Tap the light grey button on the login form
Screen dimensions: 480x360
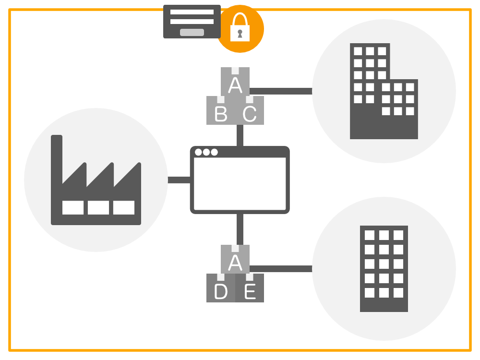[192, 33]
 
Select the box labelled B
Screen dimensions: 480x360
[221, 110]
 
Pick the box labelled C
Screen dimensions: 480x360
[250, 110]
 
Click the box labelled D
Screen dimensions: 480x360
[221, 288]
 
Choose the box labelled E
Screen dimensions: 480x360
[250, 288]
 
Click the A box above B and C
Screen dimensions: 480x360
[235, 82]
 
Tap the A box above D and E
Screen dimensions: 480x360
[235, 259]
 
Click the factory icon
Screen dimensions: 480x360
[96, 180]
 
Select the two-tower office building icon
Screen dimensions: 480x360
[384, 91]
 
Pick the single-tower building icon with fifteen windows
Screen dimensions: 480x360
[384, 269]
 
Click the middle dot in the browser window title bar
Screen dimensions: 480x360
[206, 152]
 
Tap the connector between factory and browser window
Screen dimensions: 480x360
[179, 180]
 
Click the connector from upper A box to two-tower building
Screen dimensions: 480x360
[281, 91]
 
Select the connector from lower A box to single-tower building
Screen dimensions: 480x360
[281, 269]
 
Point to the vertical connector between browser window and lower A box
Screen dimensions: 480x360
[240, 229]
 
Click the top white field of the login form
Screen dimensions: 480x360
[192, 12]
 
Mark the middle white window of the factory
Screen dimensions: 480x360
[98, 207]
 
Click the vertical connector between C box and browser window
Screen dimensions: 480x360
[240, 136]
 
